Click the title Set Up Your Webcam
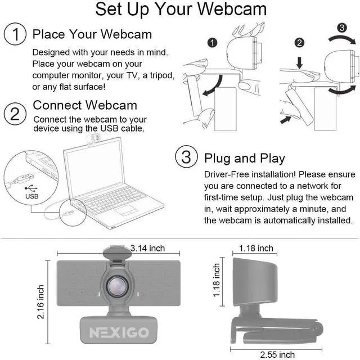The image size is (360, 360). coord(181,10)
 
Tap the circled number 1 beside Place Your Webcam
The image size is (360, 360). coord(15,34)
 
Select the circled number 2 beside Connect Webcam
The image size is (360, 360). coord(15,114)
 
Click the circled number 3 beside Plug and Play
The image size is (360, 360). coord(186,157)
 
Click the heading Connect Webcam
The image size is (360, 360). coord(85,105)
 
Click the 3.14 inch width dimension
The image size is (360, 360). coord(147,247)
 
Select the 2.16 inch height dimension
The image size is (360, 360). coord(41,301)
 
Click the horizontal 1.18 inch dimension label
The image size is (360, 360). coord(256,248)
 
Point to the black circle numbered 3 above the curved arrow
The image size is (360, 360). coord(341,27)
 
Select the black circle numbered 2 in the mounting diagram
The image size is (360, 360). coord(300,42)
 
